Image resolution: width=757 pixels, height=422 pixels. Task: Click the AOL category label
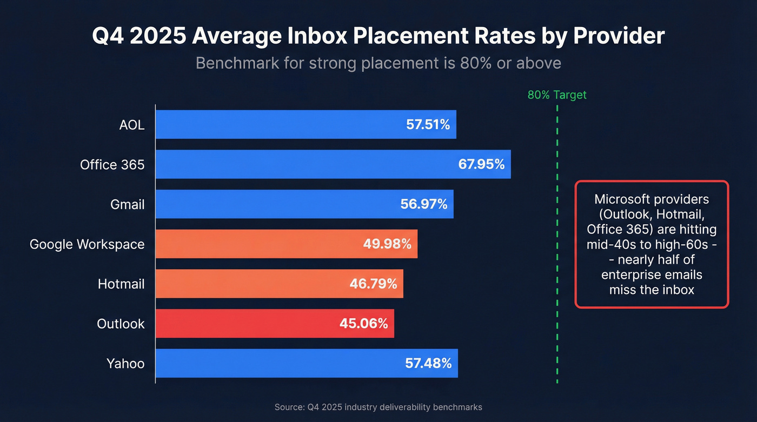pos(132,125)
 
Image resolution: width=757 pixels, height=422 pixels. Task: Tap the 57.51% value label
pos(428,125)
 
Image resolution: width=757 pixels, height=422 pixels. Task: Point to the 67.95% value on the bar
pos(481,164)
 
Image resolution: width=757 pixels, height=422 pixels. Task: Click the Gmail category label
pos(127,204)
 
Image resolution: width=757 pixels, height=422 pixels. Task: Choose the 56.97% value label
pos(424,204)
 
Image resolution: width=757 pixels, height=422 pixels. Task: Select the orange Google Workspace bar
pos(260,244)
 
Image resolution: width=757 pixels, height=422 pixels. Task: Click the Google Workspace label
pos(87,244)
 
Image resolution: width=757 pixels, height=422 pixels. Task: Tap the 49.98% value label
pos(387,244)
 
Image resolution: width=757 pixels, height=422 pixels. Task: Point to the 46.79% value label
pos(373,284)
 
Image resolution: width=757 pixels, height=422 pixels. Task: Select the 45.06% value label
pos(363,324)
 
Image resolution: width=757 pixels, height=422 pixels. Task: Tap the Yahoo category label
pos(125,364)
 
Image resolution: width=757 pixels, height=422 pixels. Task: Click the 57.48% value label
pos(428,364)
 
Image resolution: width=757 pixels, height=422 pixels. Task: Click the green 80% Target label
pos(557,95)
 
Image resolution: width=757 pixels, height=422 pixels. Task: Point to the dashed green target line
pos(557,243)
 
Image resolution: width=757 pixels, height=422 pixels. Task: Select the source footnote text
pos(378,407)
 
